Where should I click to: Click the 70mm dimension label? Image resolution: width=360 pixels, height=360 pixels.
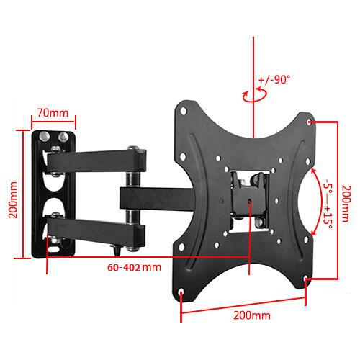pyautogui.click(x=53, y=113)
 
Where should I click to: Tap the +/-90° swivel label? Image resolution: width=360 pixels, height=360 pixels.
pyautogui.click(x=274, y=79)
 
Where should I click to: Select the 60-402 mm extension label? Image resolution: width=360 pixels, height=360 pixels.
pyautogui.click(x=134, y=267)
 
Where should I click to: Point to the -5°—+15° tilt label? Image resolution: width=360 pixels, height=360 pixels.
pyautogui.click(x=328, y=204)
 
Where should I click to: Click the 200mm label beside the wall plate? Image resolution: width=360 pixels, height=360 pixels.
pyautogui.click(x=13, y=199)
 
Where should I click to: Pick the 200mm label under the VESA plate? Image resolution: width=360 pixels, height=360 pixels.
pyautogui.click(x=252, y=315)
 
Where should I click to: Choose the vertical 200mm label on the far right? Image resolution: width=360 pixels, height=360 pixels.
pyautogui.click(x=346, y=203)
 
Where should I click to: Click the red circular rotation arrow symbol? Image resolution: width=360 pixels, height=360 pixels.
pyautogui.click(x=255, y=94)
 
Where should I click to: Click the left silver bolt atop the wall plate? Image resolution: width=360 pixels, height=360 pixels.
pyautogui.click(x=45, y=137)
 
